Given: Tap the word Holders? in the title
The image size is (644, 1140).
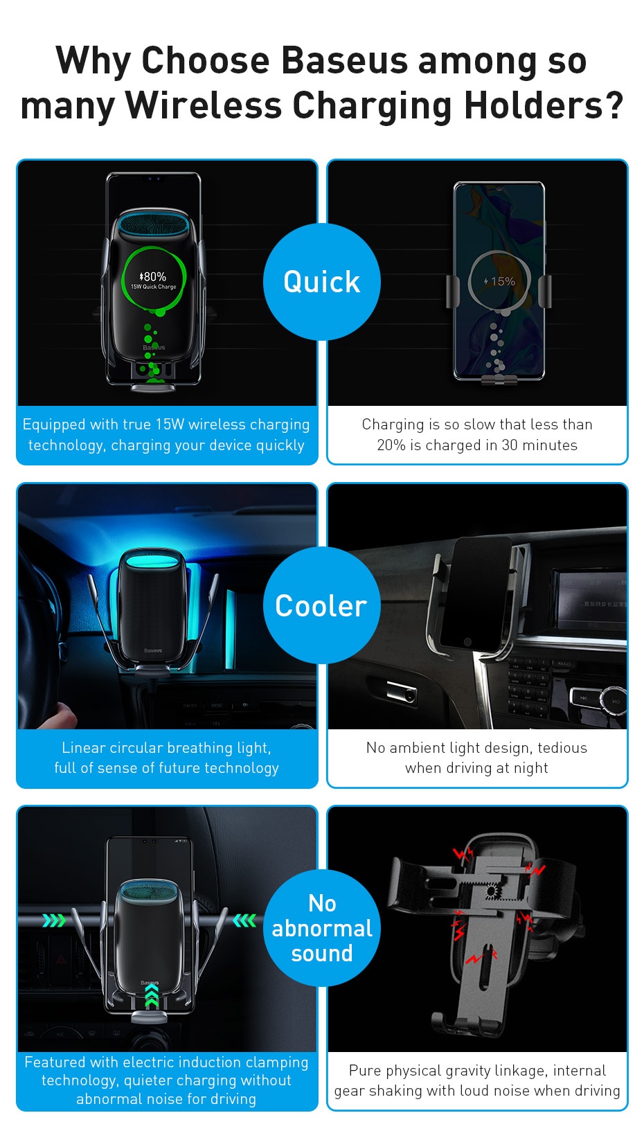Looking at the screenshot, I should pyautogui.click(x=544, y=106).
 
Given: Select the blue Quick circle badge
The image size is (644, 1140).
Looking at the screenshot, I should pyautogui.click(x=322, y=282).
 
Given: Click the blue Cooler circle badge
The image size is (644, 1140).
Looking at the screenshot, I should pyautogui.click(x=322, y=605).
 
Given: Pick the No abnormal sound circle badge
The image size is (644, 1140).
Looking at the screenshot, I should pyautogui.click(x=322, y=928).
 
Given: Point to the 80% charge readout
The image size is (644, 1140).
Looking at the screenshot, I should pyautogui.click(x=153, y=276).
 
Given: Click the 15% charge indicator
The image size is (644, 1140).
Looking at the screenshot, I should pyautogui.click(x=500, y=282).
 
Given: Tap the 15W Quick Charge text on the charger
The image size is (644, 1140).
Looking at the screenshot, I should pyautogui.click(x=153, y=287).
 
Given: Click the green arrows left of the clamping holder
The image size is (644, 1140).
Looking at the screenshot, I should pyautogui.click(x=54, y=920).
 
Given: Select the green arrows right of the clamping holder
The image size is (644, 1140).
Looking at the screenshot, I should pyautogui.click(x=244, y=920).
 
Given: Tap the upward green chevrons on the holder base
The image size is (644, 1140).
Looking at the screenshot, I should pyautogui.click(x=152, y=999).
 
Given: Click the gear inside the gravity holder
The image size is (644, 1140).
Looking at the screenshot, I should pyautogui.click(x=491, y=891).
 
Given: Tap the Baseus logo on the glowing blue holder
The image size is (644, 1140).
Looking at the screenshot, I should pyautogui.click(x=153, y=651).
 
